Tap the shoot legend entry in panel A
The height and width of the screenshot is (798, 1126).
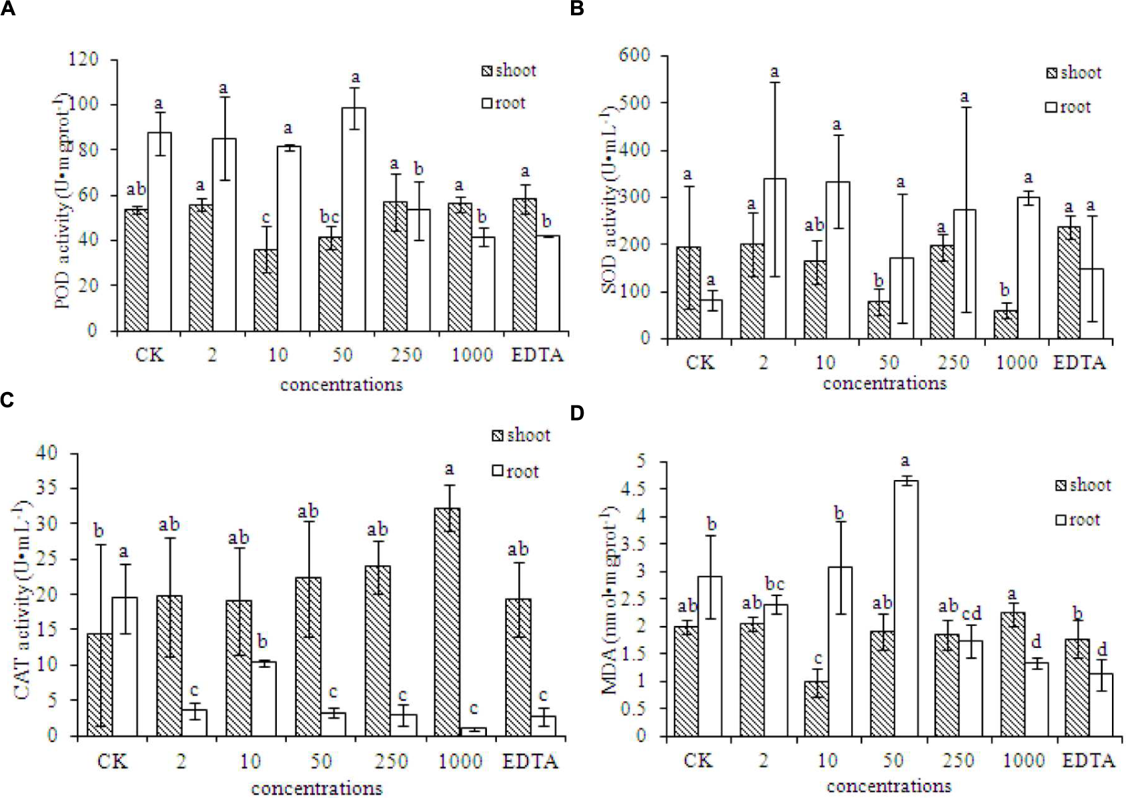(509, 71)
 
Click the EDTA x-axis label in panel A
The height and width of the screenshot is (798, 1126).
(537, 355)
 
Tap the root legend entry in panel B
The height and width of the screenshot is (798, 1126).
(1068, 107)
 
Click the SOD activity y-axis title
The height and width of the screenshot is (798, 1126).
(609, 200)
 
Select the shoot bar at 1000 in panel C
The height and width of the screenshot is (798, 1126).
(448, 621)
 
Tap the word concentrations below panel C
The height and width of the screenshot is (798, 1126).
(316, 788)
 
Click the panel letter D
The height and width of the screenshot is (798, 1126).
(577, 413)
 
